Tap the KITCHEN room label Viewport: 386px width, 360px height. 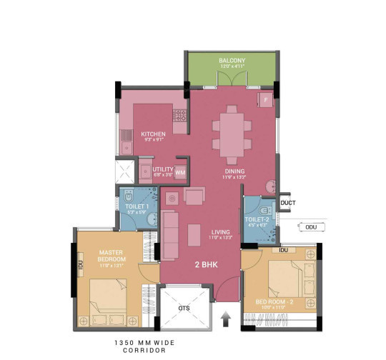(x=153, y=134)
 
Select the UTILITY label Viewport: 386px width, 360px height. (x=163, y=169)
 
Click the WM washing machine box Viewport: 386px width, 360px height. (x=180, y=172)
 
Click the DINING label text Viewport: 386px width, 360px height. (x=234, y=171)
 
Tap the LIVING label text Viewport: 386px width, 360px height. (x=220, y=232)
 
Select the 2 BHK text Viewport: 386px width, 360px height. (x=206, y=264)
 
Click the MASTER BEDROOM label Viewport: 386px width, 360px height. (x=112, y=254)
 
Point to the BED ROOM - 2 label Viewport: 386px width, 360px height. (x=276, y=302)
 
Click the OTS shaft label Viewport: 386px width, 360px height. (x=184, y=308)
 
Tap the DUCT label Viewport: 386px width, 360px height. (x=288, y=203)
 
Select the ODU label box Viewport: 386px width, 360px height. (x=311, y=229)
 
